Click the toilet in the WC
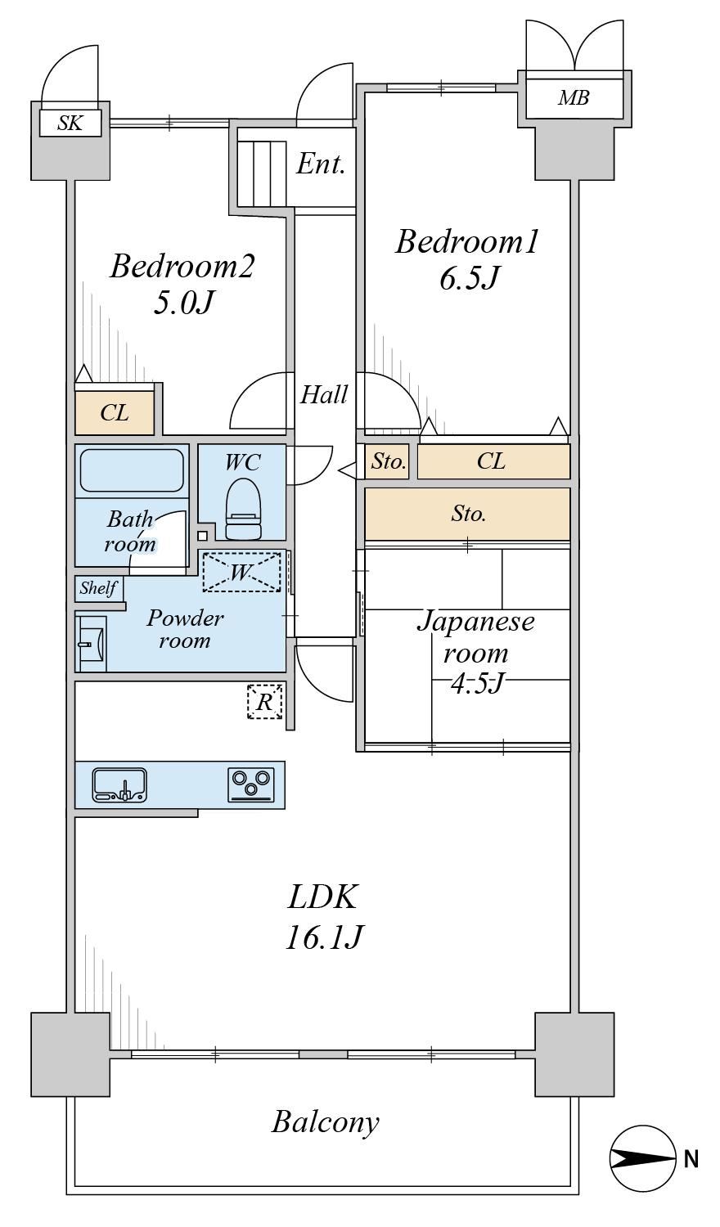click(x=243, y=509)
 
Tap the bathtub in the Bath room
click(x=132, y=470)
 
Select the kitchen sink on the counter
click(x=119, y=785)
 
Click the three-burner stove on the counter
click(x=251, y=785)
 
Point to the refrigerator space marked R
click(x=265, y=700)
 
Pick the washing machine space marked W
click(x=241, y=572)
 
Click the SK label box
click(x=70, y=124)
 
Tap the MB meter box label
click(x=574, y=98)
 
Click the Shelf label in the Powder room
click(x=99, y=588)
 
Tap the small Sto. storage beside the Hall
click(x=388, y=461)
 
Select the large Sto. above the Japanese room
click(x=467, y=514)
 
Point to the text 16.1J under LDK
click(x=323, y=937)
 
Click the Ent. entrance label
click(x=321, y=164)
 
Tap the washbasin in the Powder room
click(x=91, y=644)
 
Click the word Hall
click(x=324, y=394)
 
